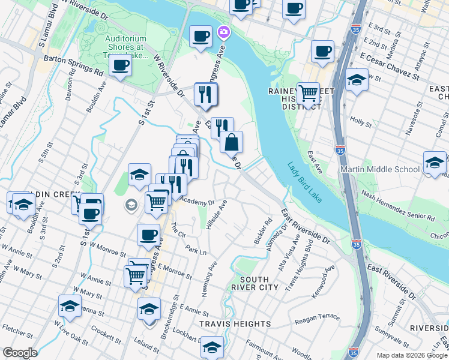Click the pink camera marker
224,32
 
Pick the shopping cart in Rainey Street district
308,94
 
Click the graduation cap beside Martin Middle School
435,162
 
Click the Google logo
20,353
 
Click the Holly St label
361,121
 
